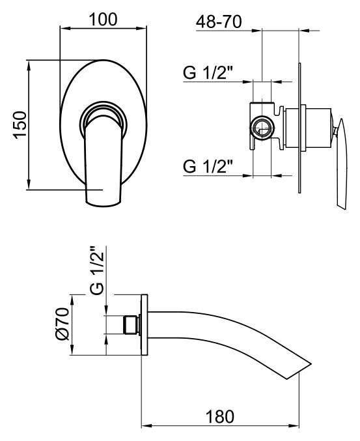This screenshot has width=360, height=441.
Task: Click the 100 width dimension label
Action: click(x=103, y=20)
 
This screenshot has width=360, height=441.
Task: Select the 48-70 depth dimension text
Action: click(x=219, y=21)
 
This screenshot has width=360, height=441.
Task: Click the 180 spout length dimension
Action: click(x=220, y=416)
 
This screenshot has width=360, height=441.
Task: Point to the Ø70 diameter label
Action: click(x=62, y=324)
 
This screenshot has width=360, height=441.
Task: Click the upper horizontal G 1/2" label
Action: click(x=208, y=73)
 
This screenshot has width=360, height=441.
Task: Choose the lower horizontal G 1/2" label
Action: click(x=208, y=166)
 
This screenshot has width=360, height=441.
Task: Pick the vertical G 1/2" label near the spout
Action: click(x=97, y=270)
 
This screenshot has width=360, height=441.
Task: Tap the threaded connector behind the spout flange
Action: click(x=132, y=325)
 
